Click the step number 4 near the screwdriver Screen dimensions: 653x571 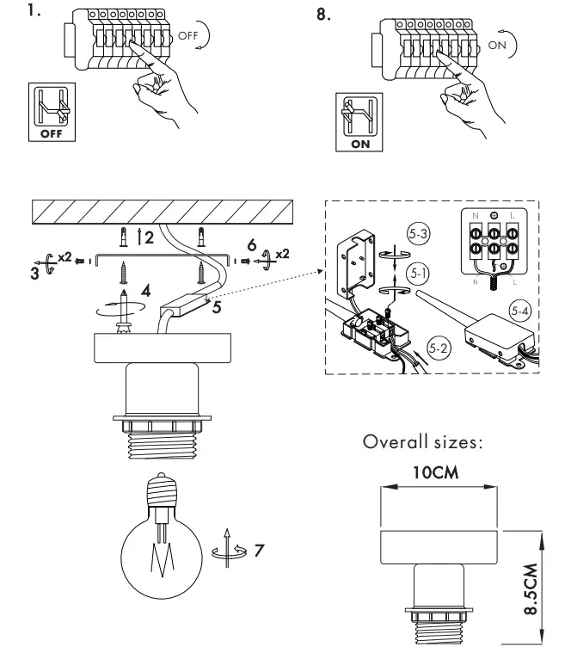tap(147, 291)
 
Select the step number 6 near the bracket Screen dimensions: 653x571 tap(251, 245)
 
